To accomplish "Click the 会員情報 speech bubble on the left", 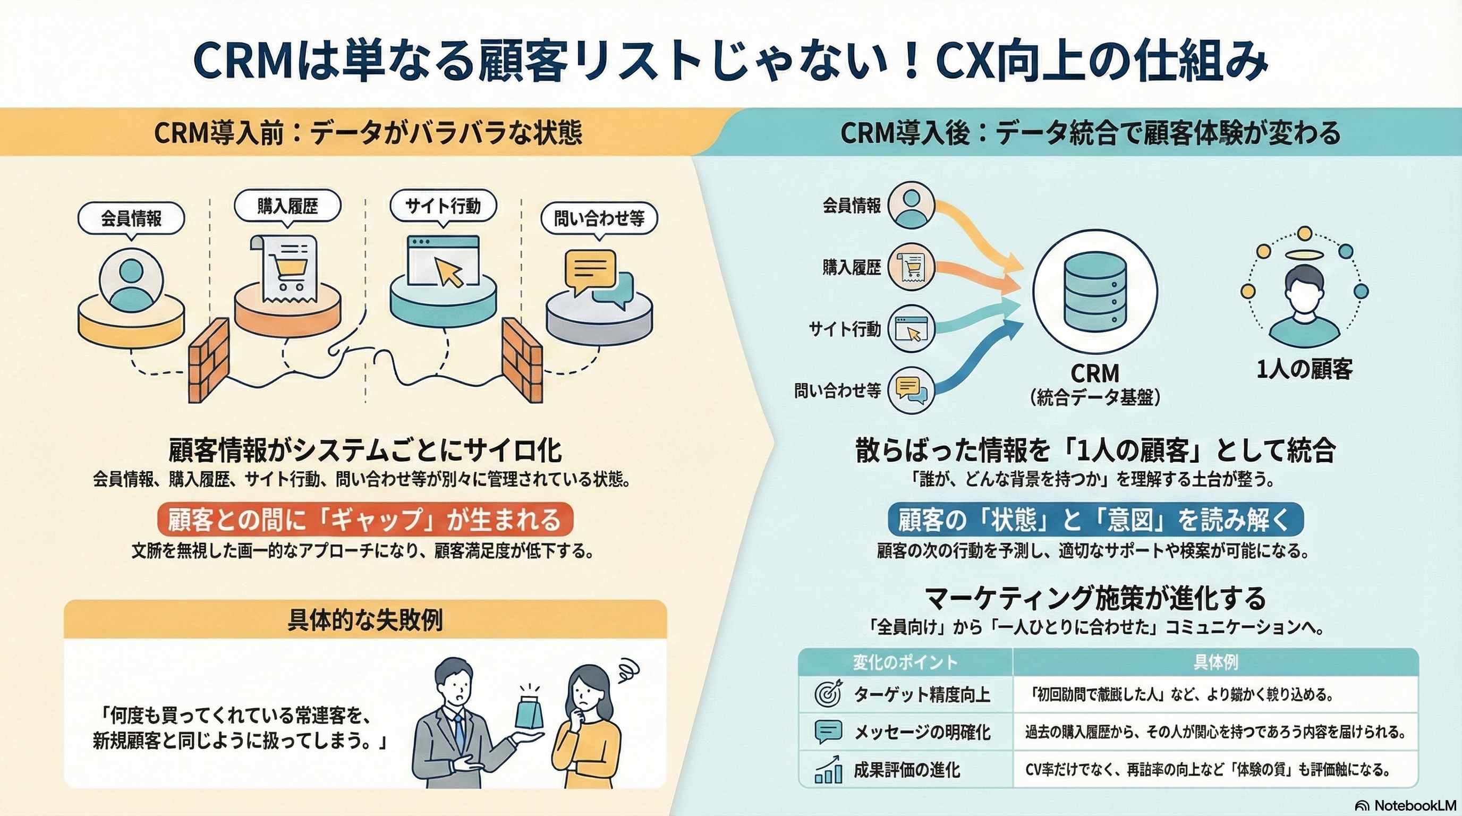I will point(131,218).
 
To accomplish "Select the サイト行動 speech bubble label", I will point(443,206).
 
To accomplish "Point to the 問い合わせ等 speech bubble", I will point(599,218).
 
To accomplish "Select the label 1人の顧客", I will point(1304,369).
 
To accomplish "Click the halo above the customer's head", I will point(1304,256).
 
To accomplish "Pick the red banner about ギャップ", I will point(365,519).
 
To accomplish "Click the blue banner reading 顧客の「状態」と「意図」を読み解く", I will point(1095,519).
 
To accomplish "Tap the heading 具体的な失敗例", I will point(365,620).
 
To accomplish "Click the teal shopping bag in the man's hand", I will point(529,712).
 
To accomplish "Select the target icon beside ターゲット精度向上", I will point(828,694).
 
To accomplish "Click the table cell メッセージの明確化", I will point(922,732).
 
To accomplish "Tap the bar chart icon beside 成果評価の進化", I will point(828,770).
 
